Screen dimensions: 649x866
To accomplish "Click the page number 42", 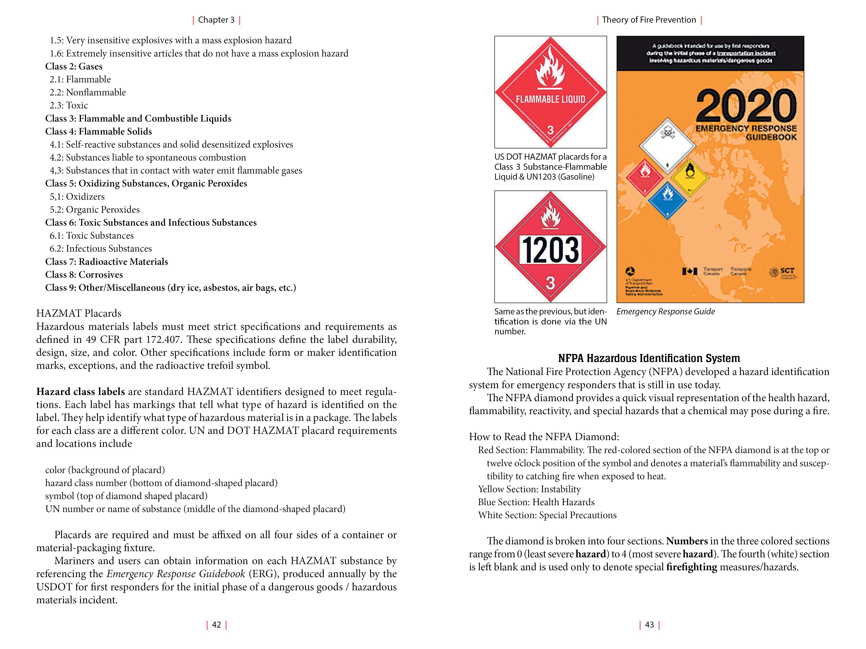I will pos(216,625).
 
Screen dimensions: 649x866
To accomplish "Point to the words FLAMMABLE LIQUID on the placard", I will pos(551,99).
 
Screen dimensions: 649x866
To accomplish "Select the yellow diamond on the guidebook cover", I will pos(690,178).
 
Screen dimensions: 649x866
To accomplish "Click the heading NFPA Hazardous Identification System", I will pos(649,358).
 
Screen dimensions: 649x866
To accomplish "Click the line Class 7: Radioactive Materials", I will pos(106,262).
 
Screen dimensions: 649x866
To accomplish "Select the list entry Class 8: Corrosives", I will pos(84,275).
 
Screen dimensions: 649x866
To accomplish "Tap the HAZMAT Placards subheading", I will pos(79,313).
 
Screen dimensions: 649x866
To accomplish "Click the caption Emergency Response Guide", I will pos(666,312).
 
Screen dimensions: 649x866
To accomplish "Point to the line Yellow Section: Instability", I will pos(529,489).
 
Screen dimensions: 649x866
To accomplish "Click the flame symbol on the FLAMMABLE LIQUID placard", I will pos(551,68).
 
